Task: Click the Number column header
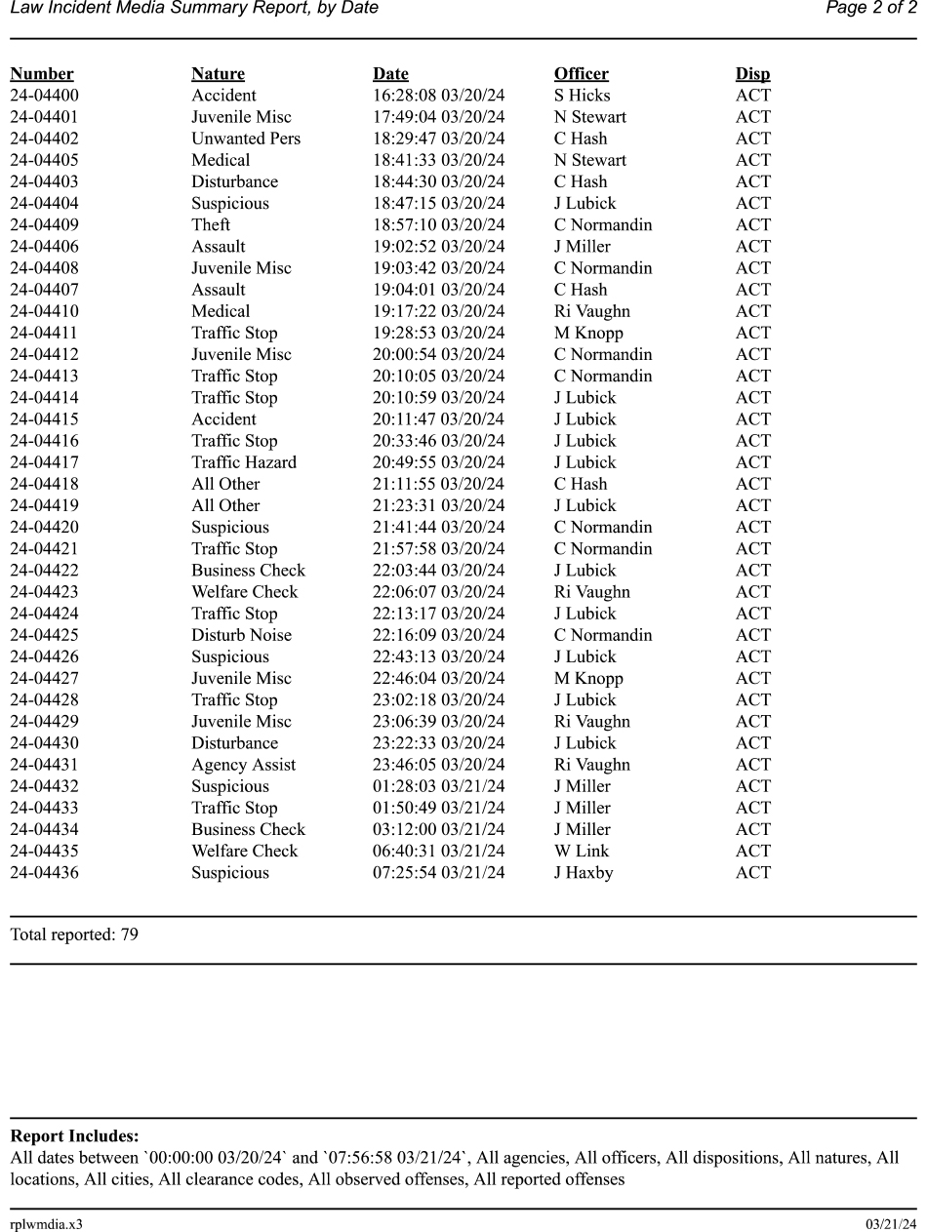tap(42, 74)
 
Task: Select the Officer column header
tap(581, 74)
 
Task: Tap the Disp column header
tap(752, 74)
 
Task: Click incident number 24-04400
tap(45, 96)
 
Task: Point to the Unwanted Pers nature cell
tap(246, 139)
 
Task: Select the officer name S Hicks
tap(582, 96)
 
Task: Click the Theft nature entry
tap(211, 224)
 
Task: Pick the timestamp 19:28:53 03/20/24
tap(439, 333)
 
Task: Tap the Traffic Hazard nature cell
tap(244, 462)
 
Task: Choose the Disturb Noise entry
tap(241, 635)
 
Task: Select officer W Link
tap(581, 851)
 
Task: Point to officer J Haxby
tap(584, 872)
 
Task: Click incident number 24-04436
tap(45, 872)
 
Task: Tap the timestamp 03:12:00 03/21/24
tap(439, 829)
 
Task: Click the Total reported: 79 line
tap(74, 934)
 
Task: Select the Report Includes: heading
tap(74, 1136)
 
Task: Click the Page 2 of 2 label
tap(870, 9)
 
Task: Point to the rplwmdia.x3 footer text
tap(46, 1224)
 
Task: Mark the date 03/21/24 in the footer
tap(891, 1224)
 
